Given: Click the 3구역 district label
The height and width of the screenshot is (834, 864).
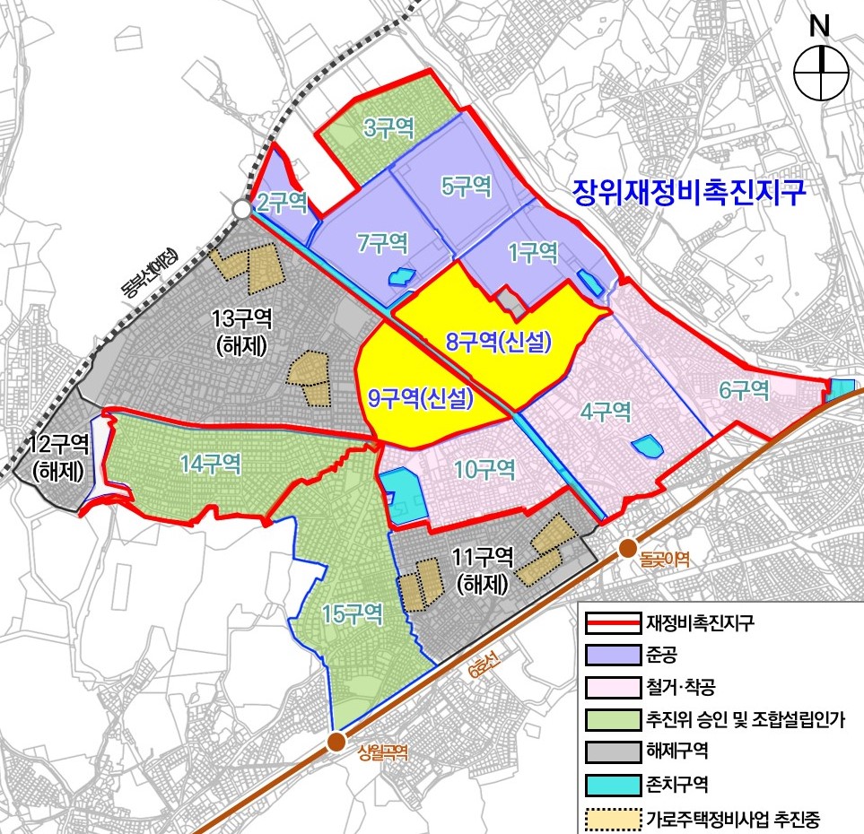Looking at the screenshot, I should [388, 128].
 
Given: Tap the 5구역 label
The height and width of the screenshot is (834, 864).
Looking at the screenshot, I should [467, 187].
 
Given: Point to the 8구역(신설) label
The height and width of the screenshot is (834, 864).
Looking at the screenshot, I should [498, 342].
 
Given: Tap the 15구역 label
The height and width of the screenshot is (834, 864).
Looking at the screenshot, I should [353, 613].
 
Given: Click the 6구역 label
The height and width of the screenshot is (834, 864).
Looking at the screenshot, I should [744, 390].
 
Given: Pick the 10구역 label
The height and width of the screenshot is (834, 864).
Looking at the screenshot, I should [484, 468].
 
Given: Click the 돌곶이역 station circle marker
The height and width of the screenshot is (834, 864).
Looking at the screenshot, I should [627, 548].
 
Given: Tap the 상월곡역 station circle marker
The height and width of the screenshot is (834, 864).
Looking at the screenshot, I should [336, 742].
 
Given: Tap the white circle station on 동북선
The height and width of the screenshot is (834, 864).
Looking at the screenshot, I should [241, 209].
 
